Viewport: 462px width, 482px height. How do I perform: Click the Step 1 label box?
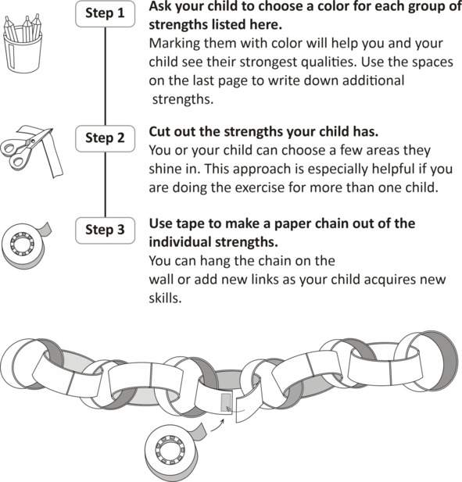click(105, 14)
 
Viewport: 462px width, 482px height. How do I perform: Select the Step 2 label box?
click(105, 138)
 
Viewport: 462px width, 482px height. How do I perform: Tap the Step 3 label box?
click(105, 230)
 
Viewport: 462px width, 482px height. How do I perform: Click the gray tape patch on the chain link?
click(226, 402)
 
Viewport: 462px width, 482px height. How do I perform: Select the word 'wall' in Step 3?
click(159, 280)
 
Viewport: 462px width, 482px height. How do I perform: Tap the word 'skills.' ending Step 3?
click(166, 298)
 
